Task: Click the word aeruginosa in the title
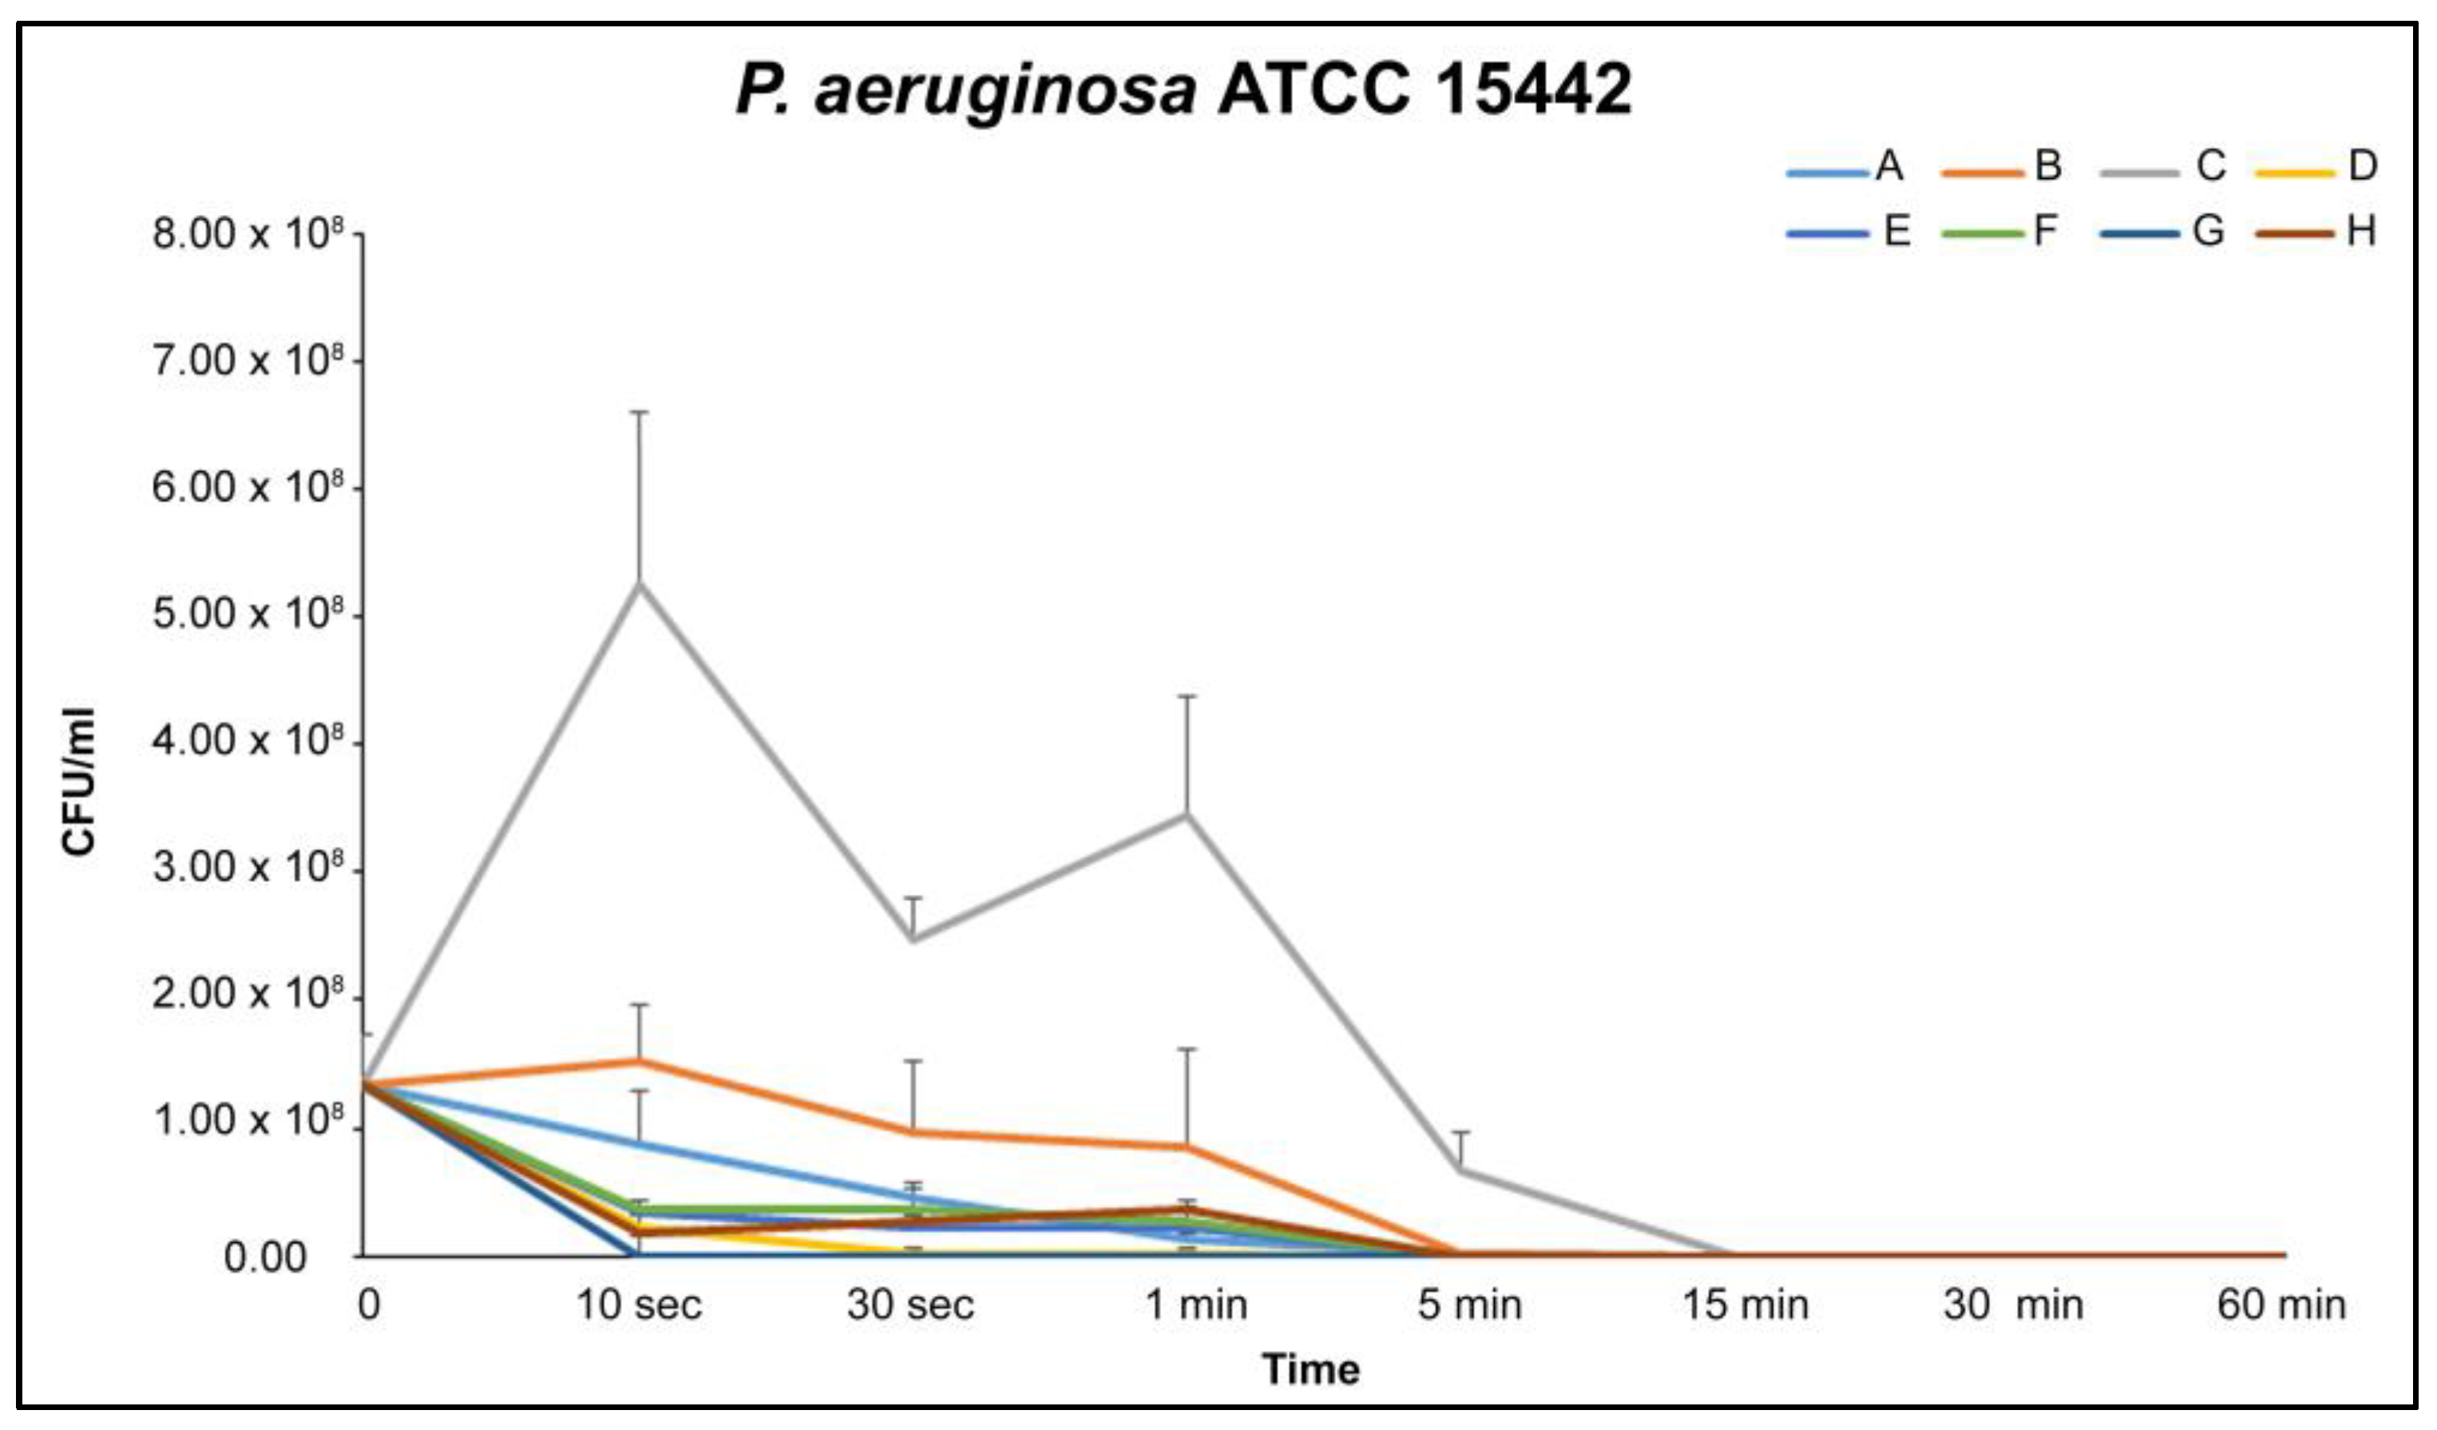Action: pos(1006,92)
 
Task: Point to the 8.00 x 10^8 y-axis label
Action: pos(248,233)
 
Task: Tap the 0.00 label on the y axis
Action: pos(264,1257)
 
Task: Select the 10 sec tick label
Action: pos(638,1306)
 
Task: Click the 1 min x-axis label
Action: pos(1196,1306)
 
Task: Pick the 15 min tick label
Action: pos(1746,1306)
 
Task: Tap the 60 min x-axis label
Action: pos(2280,1306)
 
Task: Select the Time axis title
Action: pos(1310,1370)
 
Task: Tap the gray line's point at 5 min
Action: pos(1460,1170)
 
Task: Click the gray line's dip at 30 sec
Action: pos(913,939)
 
